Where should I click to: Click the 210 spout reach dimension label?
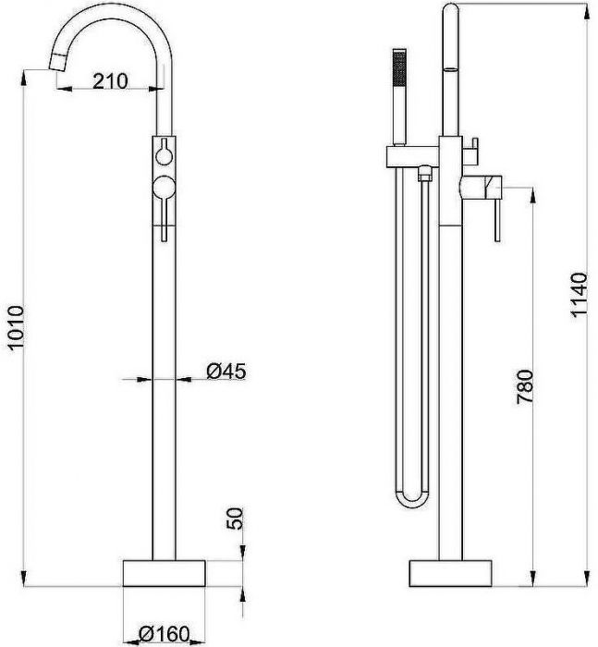(x=110, y=81)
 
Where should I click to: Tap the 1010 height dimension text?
(x=18, y=328)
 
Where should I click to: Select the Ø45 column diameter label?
(x=226, y=371)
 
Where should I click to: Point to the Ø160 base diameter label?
(x=165, y=634)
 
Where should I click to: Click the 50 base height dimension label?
(x=236, y=519)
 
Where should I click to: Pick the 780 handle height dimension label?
(x=525, y=386)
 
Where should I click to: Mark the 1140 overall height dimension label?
(x=579, y=294)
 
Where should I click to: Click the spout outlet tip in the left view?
(x=57, y=63)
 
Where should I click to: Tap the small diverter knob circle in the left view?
(x=164, y=156)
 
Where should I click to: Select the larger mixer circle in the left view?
(x=165, y=187)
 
